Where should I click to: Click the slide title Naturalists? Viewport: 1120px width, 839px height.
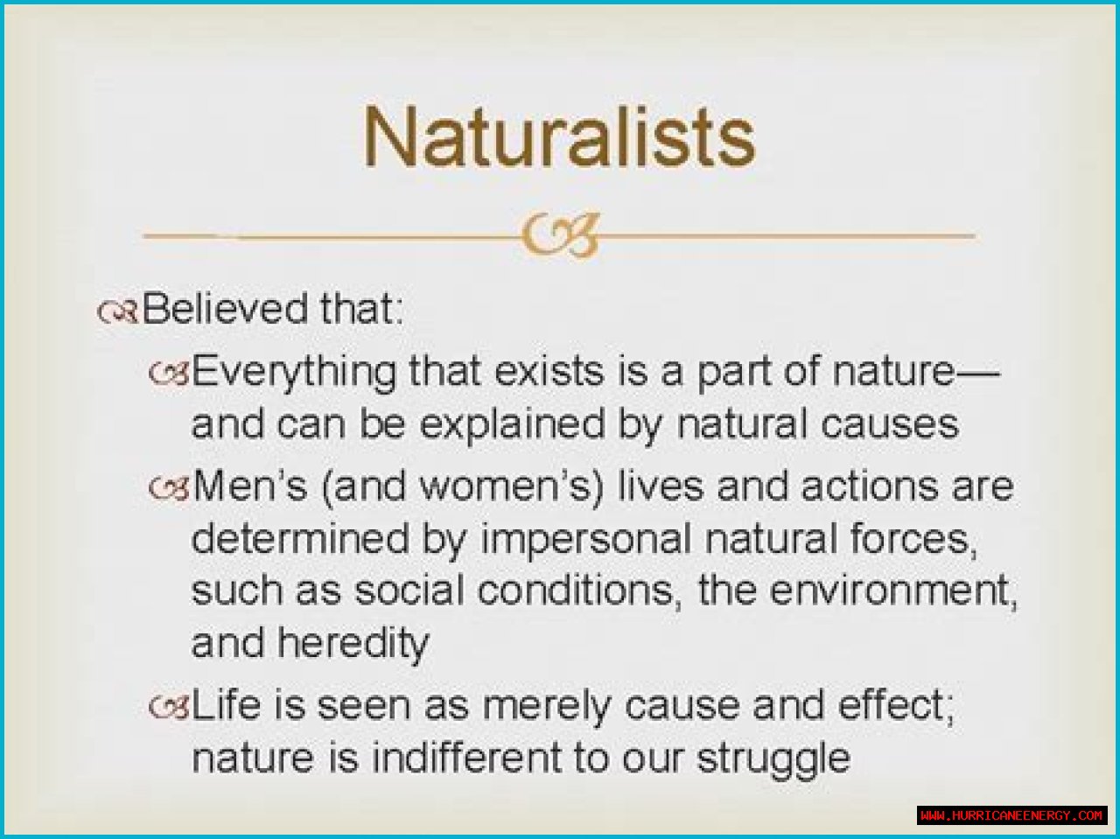559,136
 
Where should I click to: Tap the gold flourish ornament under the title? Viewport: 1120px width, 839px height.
560,236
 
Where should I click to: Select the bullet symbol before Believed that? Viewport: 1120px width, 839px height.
118,312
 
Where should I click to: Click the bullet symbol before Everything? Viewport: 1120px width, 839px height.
169,374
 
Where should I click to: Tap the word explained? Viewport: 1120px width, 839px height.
512,425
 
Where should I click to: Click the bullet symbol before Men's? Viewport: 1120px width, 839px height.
169,487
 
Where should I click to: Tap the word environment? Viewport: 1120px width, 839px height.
893,591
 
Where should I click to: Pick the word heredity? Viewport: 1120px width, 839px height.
353,643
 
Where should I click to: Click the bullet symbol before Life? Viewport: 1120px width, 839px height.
169,708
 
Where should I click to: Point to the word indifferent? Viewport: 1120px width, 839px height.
465,758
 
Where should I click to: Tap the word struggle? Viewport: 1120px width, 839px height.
774,761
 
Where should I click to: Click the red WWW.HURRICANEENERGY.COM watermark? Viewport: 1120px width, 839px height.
1011,815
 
